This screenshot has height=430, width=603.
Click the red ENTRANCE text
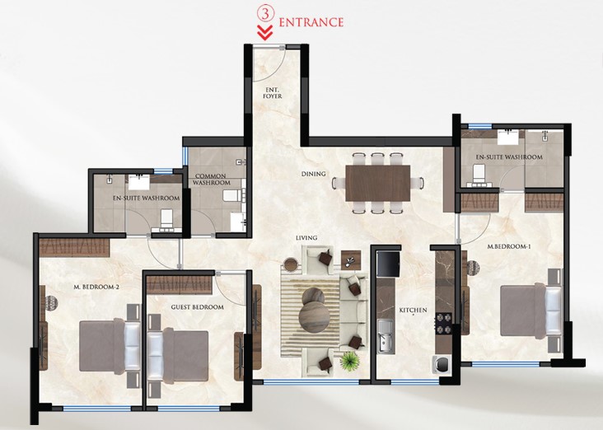(x=311, y=22)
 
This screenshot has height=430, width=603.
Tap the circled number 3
(x=265, y=13)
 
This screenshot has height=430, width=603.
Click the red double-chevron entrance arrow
(x=265, y=33)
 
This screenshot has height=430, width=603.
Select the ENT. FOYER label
(x=273, y=93)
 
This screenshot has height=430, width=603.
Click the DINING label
(x=313, y=174)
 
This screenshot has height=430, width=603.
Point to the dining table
(x=377, y=183)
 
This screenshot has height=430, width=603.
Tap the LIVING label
(x=306, y=238)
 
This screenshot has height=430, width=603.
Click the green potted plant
(x=350, y=362)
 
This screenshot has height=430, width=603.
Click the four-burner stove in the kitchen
(x=442, y=324)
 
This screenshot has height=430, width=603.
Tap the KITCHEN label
(x=413, y=310)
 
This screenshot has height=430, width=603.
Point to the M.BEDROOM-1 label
(x=509, y=246)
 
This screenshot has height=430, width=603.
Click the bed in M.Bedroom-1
(x=531, y=311)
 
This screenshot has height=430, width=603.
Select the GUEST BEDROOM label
(x=197, y=307)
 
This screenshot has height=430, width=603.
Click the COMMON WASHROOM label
(x=211, y=180)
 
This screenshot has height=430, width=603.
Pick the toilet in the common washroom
(x=232, y=195)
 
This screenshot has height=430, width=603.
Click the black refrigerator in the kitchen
(x=388, y=264)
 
